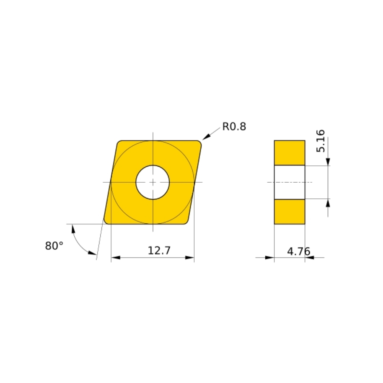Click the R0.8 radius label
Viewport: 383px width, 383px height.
[234, 127]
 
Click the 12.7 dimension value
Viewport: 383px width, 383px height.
[159, 251]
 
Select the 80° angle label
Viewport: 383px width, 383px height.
[54, 246]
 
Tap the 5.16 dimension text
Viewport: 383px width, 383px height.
[321, 141]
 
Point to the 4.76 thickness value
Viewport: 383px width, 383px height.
[298, 252]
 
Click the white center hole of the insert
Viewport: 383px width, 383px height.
[153, 182]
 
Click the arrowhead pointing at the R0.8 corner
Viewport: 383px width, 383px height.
[206, 137]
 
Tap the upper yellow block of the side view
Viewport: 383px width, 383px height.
[290, 153]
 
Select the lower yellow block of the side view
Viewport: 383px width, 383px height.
[290, 211]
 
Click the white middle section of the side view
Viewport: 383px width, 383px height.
[290, 182]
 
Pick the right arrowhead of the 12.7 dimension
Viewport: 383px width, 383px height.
[190, 258]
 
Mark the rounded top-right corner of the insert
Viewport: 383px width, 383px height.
[199, 143]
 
